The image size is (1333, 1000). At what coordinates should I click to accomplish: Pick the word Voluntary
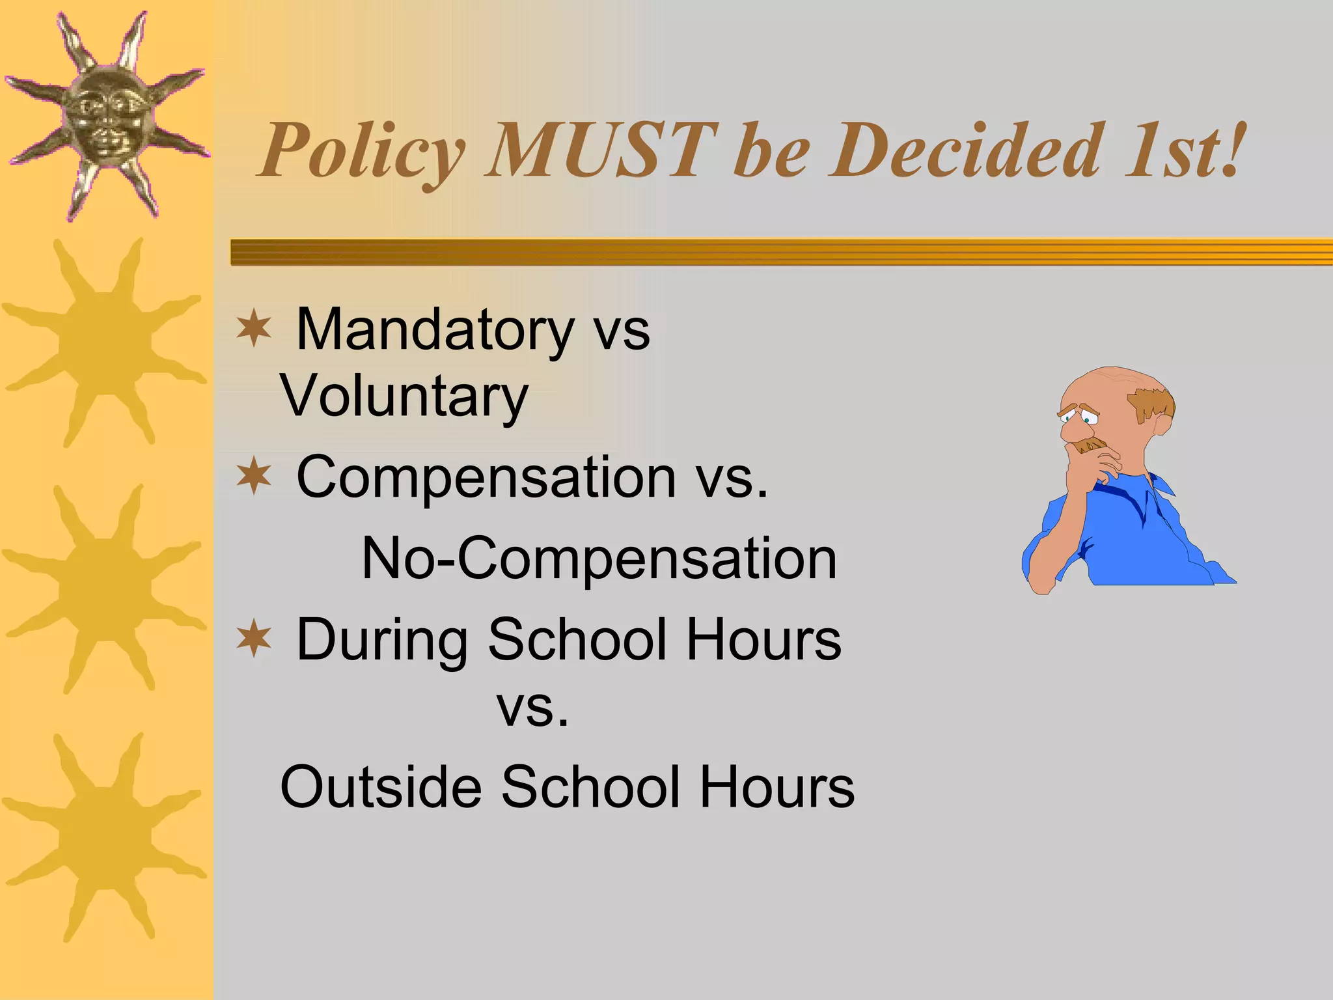point(404,397)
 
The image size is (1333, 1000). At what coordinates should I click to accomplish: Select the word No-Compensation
point(599,559)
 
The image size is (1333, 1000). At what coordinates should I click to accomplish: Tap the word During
point(381,641)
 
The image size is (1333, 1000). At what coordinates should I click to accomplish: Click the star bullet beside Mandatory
point(253,329)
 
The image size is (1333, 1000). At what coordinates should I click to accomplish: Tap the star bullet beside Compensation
point(253,476)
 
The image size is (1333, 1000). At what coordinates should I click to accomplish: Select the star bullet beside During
point(253,639)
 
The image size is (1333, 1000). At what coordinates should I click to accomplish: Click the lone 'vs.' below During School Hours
point(533,708)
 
